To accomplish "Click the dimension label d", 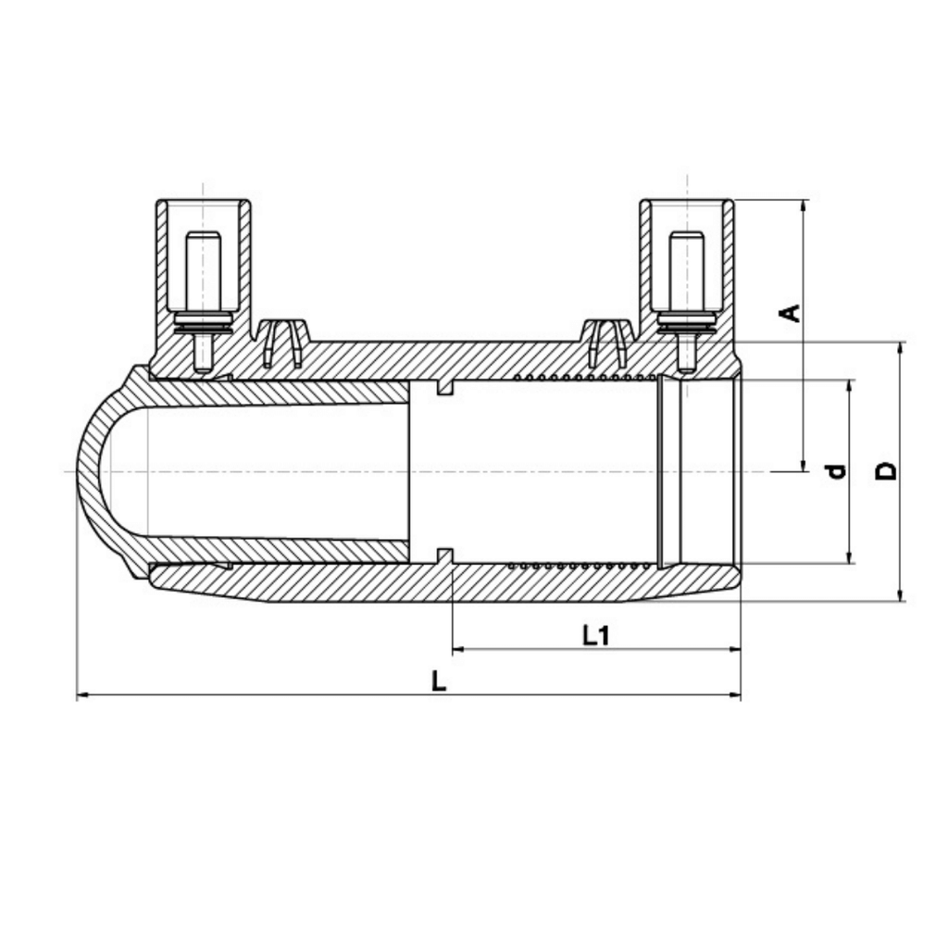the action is coord(836,471).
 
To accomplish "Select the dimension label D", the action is coord(886,471).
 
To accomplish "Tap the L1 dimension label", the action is coord(596,635).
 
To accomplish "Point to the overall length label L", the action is coord(439,681).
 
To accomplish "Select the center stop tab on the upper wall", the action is coord(445,388).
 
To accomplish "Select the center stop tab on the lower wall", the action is coord(445,555).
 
